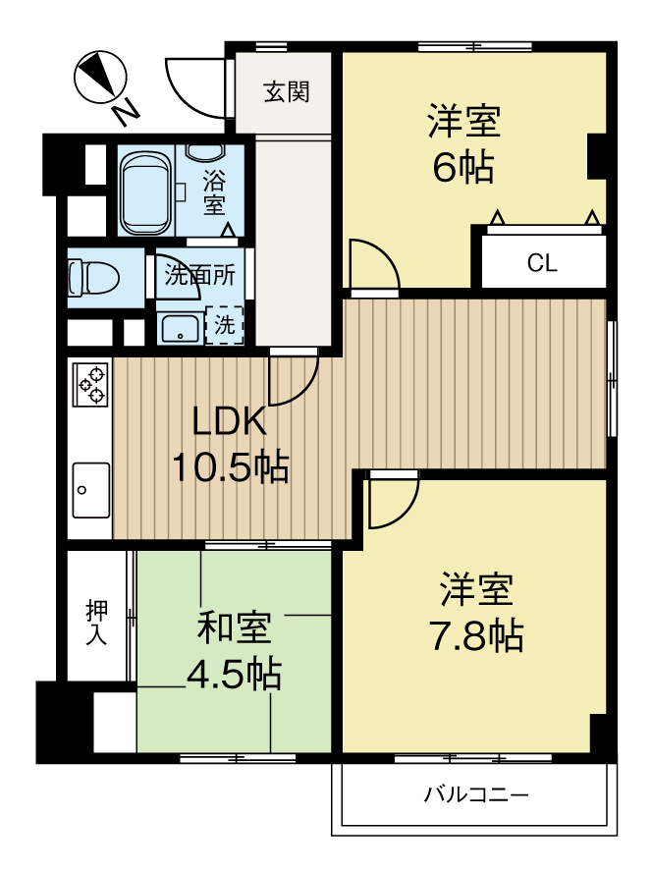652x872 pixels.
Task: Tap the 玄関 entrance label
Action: click(x=287, y=92)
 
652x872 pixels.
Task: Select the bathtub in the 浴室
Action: click(x=145, y=190)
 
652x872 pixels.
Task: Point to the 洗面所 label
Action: click(x=199, y=275)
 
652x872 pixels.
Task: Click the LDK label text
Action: click(x=229, y=422)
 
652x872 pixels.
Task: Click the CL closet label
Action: click(x=541, y=263)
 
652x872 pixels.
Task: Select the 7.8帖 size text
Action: click(x=476, y=636)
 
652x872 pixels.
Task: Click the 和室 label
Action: click(x=234, y=627)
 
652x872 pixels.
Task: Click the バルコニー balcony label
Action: click(x=476, y=793)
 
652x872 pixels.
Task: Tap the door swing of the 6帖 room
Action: click(x=373, y=263)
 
